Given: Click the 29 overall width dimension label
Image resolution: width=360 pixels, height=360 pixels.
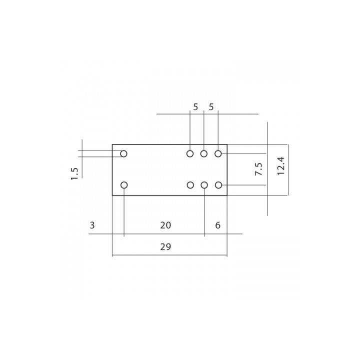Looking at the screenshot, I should click(x=169, y=247).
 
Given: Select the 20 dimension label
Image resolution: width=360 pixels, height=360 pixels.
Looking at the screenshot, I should click(x=165, y=225).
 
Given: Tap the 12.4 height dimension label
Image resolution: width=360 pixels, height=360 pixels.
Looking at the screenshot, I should click(x=281, y=166).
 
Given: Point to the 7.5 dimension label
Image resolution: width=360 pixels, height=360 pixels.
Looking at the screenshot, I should click(x=258, y=169).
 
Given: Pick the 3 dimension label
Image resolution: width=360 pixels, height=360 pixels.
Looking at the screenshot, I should click(x=92, y=225).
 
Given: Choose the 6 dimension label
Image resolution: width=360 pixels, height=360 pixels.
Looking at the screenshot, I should click(x=218, y=225).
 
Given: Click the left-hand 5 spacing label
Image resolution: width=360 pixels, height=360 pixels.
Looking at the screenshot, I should click(x=195, y=107).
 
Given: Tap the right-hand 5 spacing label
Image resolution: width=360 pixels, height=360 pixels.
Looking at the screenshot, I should click(x=211, y=107).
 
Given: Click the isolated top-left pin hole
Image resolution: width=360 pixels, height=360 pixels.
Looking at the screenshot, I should click(x=123, y=153).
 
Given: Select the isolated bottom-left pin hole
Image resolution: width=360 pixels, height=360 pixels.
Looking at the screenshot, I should click(x=124, y=185).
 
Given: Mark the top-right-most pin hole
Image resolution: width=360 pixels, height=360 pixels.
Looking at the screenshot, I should click(x=218, y=153).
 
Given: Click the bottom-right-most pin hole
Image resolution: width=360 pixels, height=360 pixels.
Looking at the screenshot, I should click(x=218, y=185).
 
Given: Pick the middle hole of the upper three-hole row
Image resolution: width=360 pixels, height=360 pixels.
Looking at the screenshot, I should click(x=204, y=153).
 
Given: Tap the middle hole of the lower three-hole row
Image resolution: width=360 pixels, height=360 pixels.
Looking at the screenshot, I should click(x=204, y=185).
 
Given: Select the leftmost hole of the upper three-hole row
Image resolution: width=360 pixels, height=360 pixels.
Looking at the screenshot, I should click(x=190, y=153).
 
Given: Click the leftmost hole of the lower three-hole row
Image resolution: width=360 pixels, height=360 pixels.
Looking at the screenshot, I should click(x=190, y=185).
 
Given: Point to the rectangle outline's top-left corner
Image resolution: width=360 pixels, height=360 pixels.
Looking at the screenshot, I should click(x=112, y=145).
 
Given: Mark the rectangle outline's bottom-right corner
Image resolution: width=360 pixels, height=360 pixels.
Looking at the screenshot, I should click(x=227, y=194).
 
